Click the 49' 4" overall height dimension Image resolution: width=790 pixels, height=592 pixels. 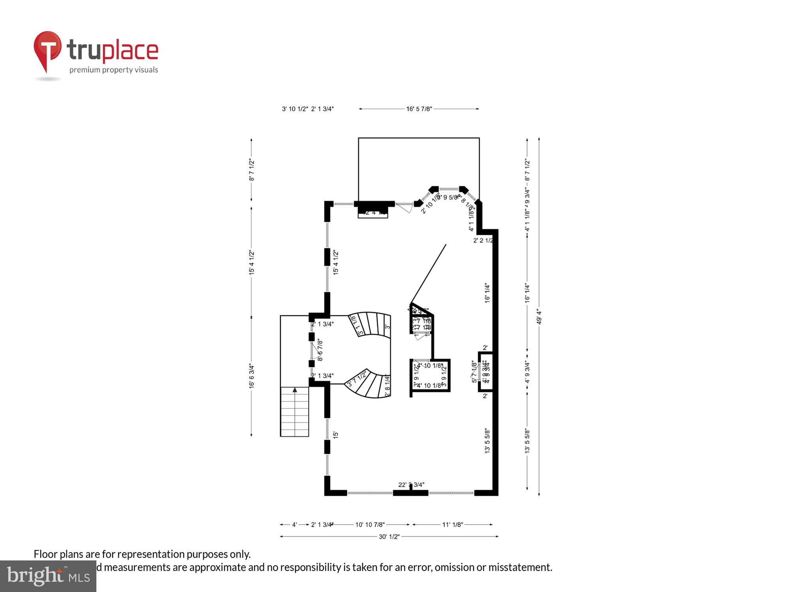point(539,317)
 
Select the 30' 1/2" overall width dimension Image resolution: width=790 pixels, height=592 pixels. point(389,536)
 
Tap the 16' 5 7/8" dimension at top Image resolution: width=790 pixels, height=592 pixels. point(419,109)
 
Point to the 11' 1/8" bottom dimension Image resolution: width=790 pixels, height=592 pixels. point(452,525)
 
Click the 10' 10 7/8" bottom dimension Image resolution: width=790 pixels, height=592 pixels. point(370,525)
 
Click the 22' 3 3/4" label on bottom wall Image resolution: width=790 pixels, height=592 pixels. point(411,485)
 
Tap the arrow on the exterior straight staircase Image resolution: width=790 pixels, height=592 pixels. point(295,390)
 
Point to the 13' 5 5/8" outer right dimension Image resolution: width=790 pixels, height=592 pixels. point(527,441)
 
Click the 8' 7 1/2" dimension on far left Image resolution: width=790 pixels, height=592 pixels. point(252,170)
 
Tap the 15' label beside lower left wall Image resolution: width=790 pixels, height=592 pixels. point(336,435)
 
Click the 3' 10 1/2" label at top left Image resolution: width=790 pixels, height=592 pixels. point(295,109)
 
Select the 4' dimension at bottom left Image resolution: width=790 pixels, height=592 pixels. point(294,525)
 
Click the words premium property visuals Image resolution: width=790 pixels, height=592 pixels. point(114,70)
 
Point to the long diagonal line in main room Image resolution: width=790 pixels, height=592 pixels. point(429,274)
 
